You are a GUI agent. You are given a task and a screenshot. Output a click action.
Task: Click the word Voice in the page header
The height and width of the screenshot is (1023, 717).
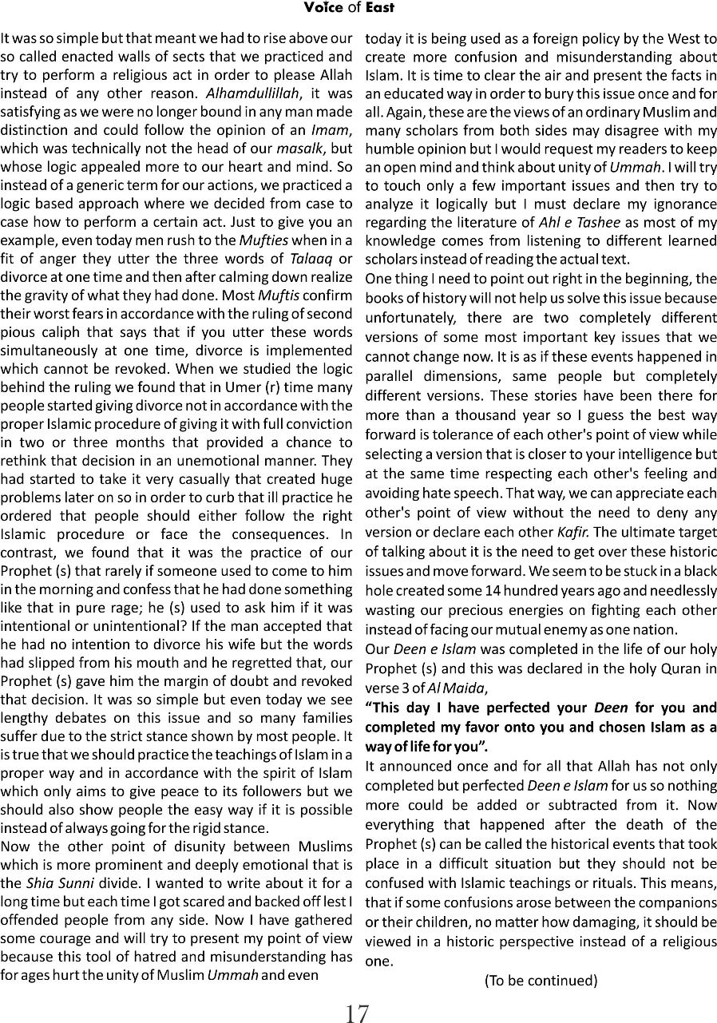coord(321,8)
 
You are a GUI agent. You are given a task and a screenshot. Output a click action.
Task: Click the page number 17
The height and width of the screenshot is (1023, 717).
coord(357,1013)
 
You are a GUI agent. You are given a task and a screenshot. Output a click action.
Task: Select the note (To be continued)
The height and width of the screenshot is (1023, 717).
coord(541,980)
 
